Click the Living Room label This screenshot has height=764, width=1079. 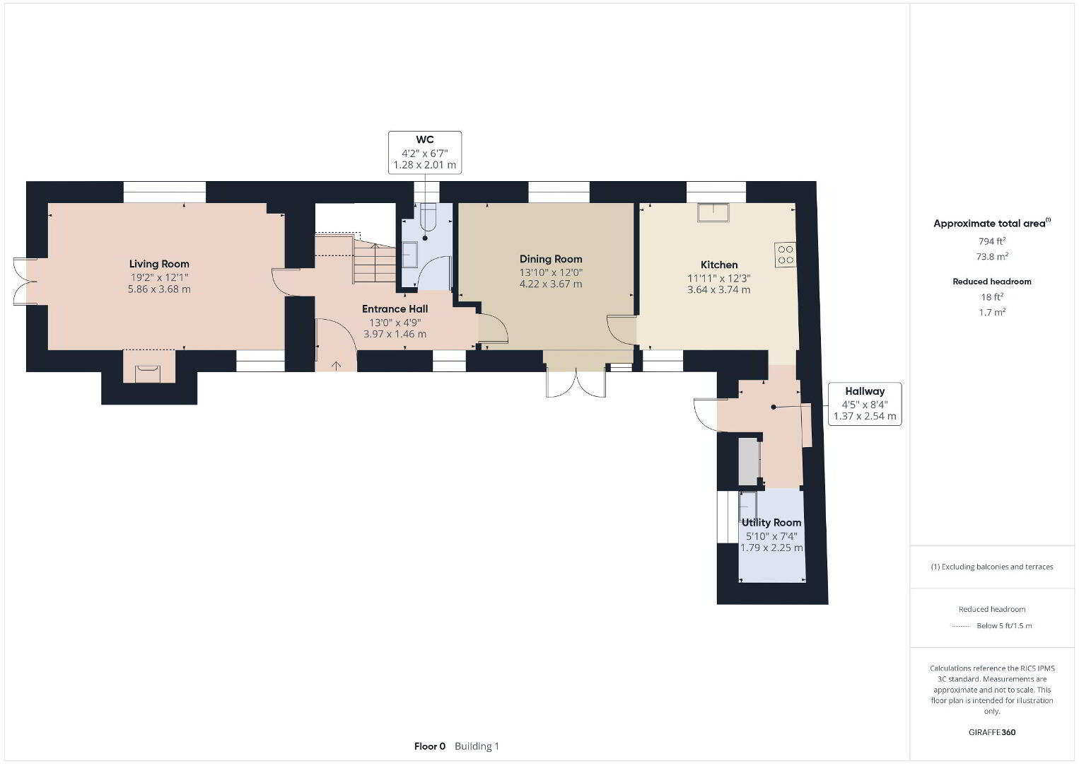click(159, 264)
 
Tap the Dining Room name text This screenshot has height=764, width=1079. click(551, 260)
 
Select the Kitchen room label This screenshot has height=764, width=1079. click(718, 265)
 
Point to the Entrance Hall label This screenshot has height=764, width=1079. click(395, 309)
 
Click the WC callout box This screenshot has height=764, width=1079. click(425, 152)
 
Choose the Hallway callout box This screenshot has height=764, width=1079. click(865, 404)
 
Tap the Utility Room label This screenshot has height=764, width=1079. click(771, 523)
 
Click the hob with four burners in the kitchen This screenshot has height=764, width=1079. click(785, 255)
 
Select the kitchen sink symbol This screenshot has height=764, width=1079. click(713, 212)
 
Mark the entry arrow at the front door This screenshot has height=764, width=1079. click(337, 366)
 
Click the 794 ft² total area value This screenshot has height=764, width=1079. click(992, 241)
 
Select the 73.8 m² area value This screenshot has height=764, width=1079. click(992, 256)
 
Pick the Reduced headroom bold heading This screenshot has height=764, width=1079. click(992, 282)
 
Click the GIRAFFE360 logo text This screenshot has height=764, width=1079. click(992, 732)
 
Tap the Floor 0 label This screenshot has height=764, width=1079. click(430, 746)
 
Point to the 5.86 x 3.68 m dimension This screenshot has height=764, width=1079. click(159, 289)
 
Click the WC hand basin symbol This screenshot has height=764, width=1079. click(409, 255)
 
